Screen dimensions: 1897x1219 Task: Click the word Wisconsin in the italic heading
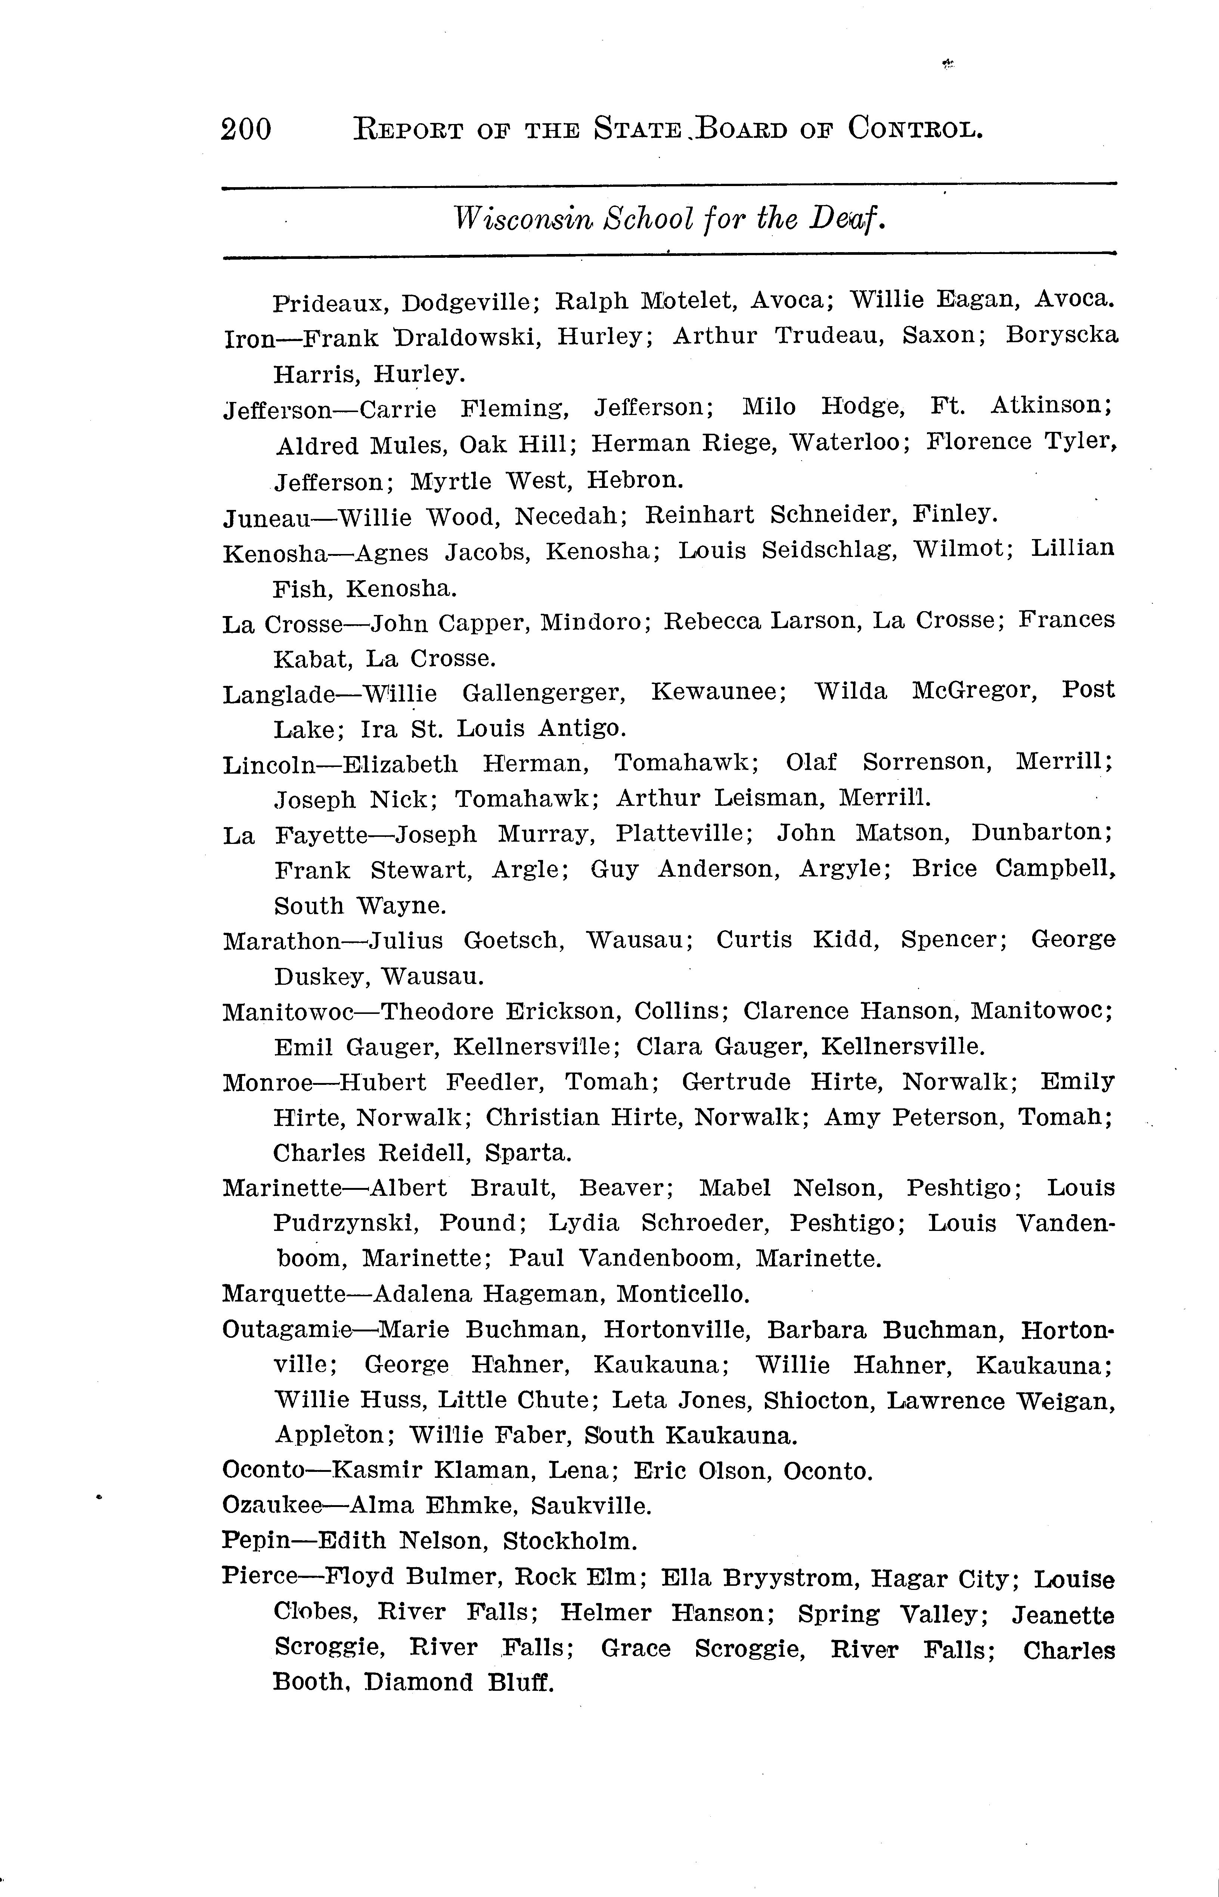coord(522,219)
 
